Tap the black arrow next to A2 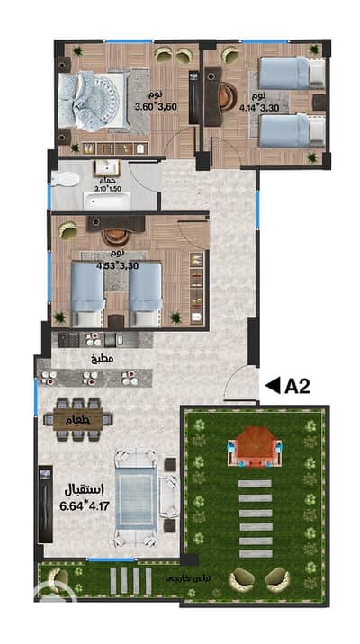pos(271,386)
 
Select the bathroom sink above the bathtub pos(107,167)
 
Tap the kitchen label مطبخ pos(102,359)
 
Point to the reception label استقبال pos(80,488)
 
